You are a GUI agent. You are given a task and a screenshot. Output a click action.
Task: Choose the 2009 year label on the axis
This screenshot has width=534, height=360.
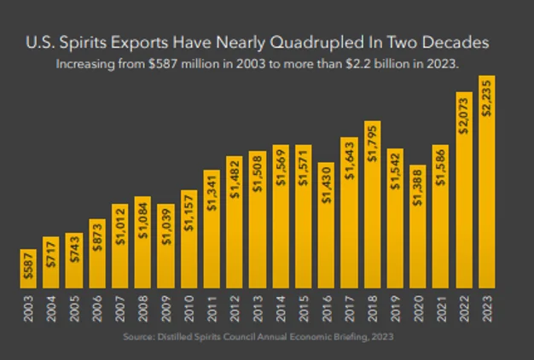click(x=165, y=308)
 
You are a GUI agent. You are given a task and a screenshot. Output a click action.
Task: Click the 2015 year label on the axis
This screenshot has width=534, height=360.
click(x=303, y=308)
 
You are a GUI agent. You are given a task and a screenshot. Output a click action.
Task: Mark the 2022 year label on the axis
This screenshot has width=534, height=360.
click(x=464, y=308)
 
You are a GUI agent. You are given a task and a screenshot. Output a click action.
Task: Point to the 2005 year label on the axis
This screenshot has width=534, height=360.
click(x=73, y=308)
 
